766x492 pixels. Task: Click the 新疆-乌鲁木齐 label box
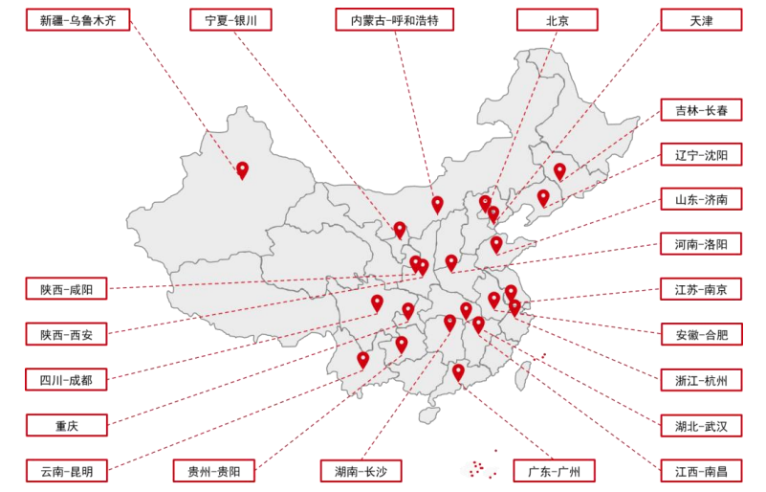coord(77,20)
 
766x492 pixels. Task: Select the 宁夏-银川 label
coord(230,20)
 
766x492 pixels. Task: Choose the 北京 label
coord(557,20)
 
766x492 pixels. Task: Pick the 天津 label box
coord(700,20)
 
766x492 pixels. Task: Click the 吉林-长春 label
coord(700,110)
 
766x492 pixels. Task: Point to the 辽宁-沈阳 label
coord(700,155)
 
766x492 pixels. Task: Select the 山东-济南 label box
coord(700,200)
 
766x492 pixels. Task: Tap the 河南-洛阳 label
coord(700,245)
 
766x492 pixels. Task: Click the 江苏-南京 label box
coord(700,289)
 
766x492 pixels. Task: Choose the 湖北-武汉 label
coord(700,425)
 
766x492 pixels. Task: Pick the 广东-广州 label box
coord(555,471)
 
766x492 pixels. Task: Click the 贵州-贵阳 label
coord(214,471)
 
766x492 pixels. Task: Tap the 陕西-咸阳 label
coord(66,289)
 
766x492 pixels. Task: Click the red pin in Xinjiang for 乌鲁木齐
coord(242,169)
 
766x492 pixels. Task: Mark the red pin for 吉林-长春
coord(559,170)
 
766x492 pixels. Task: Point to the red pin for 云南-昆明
coord(362,359)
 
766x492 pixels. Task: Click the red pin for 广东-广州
coord(458,371)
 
